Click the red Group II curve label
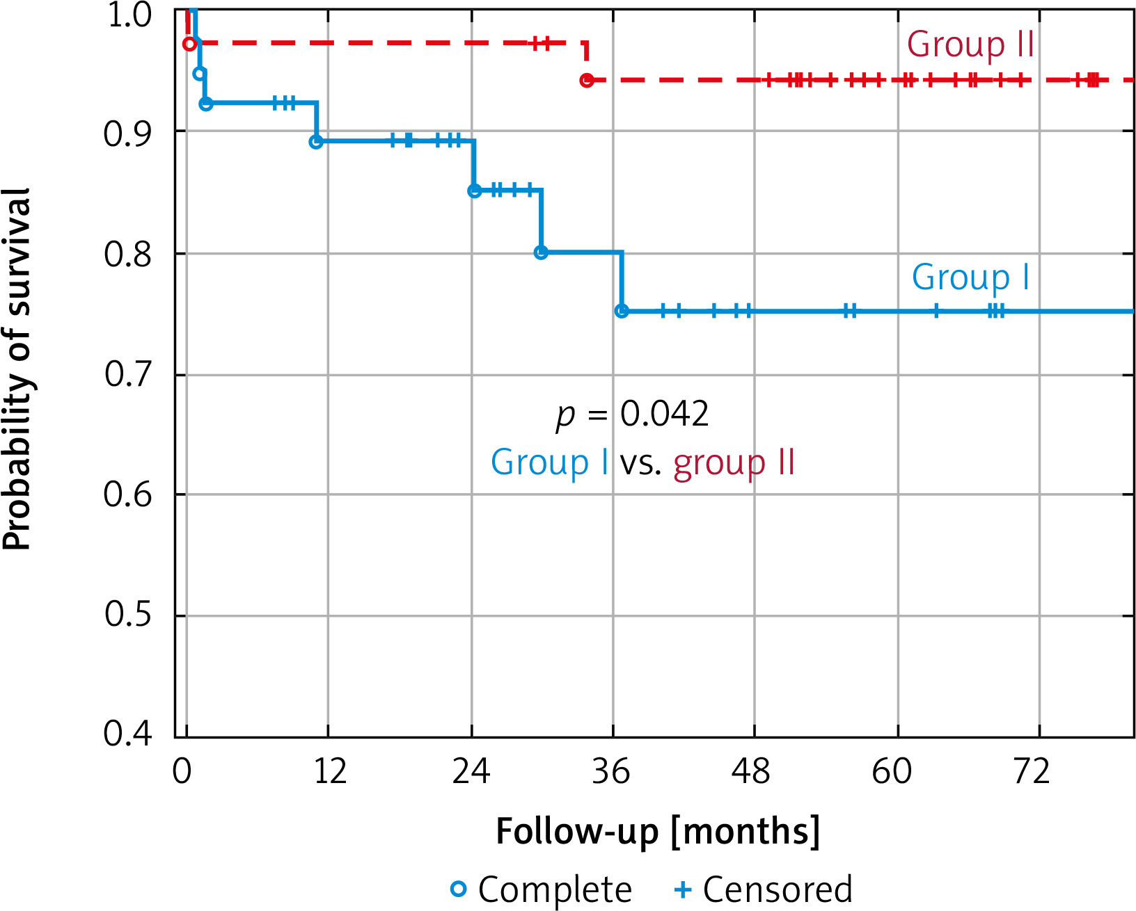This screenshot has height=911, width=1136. click(970, 45)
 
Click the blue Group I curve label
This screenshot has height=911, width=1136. click(970, 277)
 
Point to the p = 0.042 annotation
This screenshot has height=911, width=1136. click(632, 414)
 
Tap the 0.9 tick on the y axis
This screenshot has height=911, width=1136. click(127, 134)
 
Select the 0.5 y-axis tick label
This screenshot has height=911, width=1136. click(127, 614)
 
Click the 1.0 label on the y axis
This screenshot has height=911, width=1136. click(128, 15)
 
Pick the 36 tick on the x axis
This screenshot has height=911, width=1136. click(611, 771)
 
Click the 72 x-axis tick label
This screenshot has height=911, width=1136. click(1032, 771)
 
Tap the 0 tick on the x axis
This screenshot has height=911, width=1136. click(182, 771)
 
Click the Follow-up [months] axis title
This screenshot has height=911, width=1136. click(657, 831)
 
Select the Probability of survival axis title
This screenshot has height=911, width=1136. click(17, 369)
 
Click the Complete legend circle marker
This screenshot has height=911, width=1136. click(459, 889)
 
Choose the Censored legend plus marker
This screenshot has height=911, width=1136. click(683, 889)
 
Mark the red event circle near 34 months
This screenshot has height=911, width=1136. click(587, 81)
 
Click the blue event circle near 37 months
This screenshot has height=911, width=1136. click(622, 311)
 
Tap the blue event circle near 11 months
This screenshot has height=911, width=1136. click(316, 142)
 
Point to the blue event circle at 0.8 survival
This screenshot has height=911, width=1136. click(541, 252)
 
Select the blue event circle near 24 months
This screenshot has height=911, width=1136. click(474, 191)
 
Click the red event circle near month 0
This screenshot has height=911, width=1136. click(189, 45)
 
